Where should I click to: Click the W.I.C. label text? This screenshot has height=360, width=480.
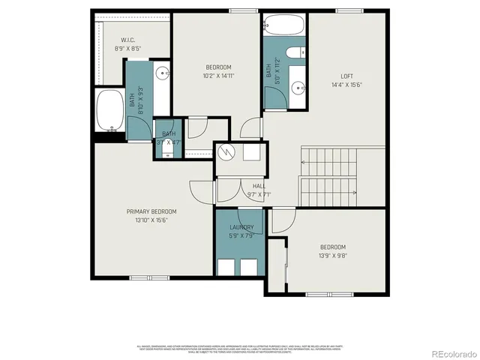coord(127,40)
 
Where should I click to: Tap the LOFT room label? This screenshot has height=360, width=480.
coord(346,76)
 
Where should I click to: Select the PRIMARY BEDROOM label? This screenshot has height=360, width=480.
coord(151,212)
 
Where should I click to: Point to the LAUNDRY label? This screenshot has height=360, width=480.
coord(241,227)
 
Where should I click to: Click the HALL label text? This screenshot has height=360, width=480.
coord(259,186)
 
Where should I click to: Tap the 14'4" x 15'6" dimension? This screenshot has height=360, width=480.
coord(346,85)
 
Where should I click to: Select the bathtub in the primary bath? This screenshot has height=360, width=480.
coord(110,111)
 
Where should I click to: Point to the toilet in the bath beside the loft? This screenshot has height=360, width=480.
coord(298,52)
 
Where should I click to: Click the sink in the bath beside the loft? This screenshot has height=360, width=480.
coord(298,88)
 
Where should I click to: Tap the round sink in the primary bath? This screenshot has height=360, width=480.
coord(163,73)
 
